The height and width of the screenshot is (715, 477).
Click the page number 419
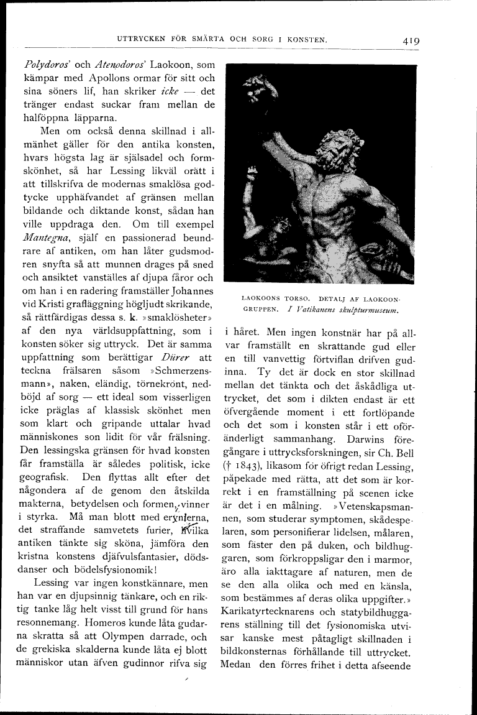click(411, 40)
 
